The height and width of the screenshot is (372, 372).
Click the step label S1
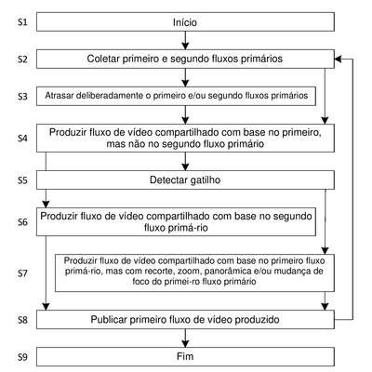click(22, 22)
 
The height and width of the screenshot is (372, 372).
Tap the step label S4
click(22, 138)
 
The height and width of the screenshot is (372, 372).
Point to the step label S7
click(22, 273)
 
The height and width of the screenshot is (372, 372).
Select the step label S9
click(22, 357)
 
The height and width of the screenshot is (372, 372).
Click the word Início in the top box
click(185, 22)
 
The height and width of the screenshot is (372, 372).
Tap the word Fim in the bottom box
click(185, 356)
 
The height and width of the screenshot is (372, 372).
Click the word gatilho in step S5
click(206, 179)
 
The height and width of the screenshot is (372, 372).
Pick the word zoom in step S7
click(173, 272)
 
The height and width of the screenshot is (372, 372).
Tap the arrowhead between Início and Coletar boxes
click(185, 46)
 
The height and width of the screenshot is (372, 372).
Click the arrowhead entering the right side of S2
click(339, 59)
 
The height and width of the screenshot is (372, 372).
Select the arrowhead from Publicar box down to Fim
click(185, 343)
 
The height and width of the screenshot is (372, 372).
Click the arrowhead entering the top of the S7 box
click(325, 250)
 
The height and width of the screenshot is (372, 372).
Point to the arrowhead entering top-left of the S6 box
click(46, 204)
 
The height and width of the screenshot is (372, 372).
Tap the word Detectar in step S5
click(168, 179)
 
